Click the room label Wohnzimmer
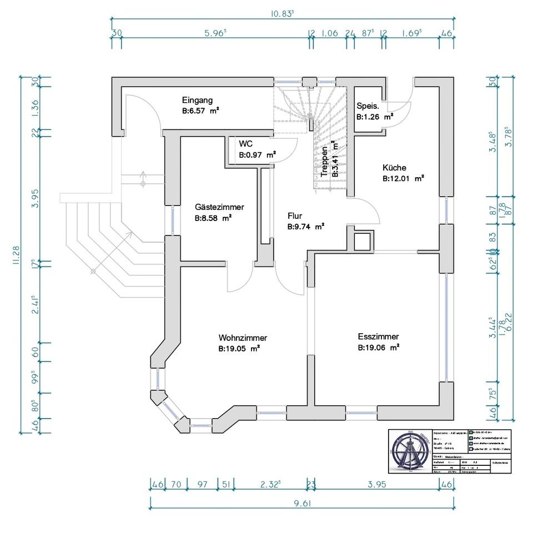243,338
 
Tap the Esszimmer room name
378,336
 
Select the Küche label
394,168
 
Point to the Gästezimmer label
219,207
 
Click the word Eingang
197,100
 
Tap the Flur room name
294,215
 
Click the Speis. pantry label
368,106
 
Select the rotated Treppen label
324,161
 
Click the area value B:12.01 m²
403,179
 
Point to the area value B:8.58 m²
213,219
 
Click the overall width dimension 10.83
282,14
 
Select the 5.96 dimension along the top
215,33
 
